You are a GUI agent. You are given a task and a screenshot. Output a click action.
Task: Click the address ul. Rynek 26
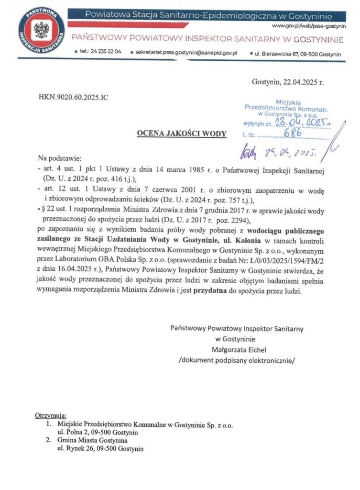(x=76, y=448)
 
